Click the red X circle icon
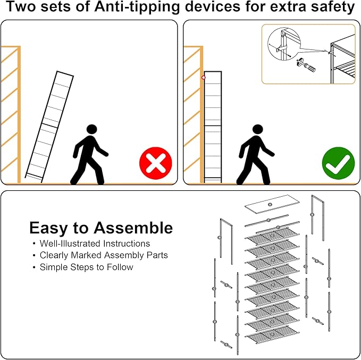(x=156, y=163)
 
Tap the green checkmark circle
(x=338, y=163)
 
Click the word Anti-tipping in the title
(x=137, y=7)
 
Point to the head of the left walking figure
(x=91, y=129)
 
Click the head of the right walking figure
(x=258, y=129)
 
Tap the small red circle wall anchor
(x=203, y=78)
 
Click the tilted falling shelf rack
(x=49, y=127)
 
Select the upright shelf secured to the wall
(x=213, y=127)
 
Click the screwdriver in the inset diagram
(x=306, y=65)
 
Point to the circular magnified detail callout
(x=284, y=44)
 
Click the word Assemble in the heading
(x=133, y=228)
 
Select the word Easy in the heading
(x=48, y=229)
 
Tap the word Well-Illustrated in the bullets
(x=70, y=244)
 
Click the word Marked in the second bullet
(x=86, y=255)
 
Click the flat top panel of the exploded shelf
(x=272, y=204)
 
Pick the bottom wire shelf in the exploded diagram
(x=272, y=336)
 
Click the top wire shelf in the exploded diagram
(x=272, y=236)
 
